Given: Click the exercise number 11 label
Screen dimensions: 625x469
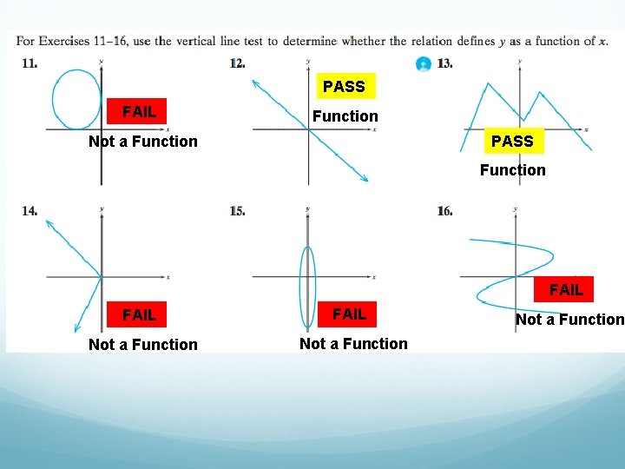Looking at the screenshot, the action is click(x=30, y=63).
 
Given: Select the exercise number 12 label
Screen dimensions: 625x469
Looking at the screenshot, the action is click(x=237, y=63).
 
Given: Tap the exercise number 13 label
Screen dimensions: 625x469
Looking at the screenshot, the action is click(x=444, y=63).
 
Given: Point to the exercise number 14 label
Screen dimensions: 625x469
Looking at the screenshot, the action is click(x=30, y=211).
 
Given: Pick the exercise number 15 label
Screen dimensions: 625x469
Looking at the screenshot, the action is click(x=237, y=211).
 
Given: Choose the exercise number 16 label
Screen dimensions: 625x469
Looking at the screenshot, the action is click(x=444, y=211).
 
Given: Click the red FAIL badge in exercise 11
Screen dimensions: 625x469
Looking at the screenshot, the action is click(x=140, y=111).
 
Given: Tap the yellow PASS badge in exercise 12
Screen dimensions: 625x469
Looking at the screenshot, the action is click(x=344, y=86).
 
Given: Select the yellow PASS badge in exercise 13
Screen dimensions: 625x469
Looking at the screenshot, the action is click(x=512, y=141).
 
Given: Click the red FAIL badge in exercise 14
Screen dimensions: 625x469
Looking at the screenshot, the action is click(x=140, y=314).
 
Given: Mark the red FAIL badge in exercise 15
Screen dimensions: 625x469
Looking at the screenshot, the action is click(x=349, y=314).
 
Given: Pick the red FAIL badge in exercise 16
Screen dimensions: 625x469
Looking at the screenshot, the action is click(x=566, y=289).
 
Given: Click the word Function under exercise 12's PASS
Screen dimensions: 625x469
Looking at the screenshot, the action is click(x=345, y=116).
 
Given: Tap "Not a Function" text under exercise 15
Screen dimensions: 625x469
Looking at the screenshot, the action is click(x=353, y=344).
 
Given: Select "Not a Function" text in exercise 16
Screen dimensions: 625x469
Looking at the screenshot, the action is click(x=569, y=320).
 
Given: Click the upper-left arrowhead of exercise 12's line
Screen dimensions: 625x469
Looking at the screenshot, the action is click(x=256, y=83).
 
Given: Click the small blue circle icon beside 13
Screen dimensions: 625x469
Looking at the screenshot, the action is click(x=423, y=64).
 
